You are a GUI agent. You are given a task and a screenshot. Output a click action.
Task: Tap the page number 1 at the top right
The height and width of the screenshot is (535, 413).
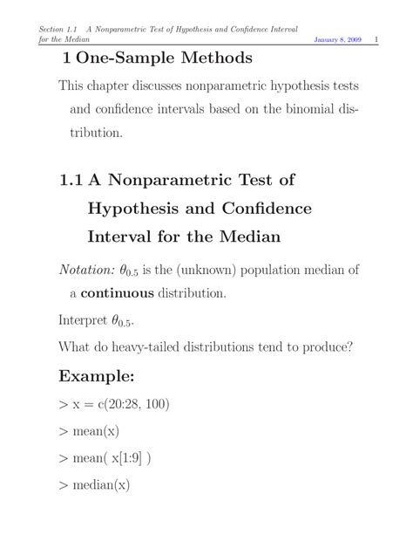click(x=374, y=41)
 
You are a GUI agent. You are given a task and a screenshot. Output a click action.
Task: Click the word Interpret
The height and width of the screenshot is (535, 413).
click(x=85, y=319)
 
